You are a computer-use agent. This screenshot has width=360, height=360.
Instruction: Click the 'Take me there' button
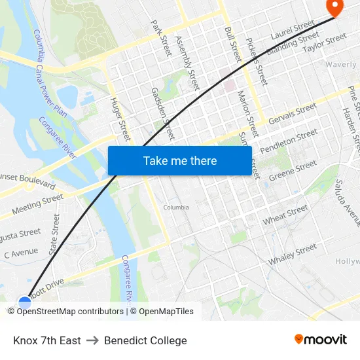[x=180, y=160]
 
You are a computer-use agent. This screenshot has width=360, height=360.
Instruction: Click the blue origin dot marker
[x=25, y=302]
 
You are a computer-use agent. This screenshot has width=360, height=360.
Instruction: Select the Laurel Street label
[x=293, y=29]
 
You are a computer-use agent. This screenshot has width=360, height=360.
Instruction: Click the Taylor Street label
[x=325, y=43]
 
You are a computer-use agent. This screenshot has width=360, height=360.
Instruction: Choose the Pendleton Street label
[x=289, y=142]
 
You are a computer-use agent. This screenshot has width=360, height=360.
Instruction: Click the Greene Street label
[x=293, y=169]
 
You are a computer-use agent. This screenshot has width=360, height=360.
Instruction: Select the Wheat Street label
[x=285, y=215]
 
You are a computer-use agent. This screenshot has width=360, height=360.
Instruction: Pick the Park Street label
[x=161, y=37]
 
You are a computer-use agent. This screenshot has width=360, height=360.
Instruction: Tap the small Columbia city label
[x=176, y=207]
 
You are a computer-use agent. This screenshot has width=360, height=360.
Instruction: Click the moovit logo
[x=321, y=340]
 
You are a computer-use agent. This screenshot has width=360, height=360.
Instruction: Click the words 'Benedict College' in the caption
[x=145, y=340]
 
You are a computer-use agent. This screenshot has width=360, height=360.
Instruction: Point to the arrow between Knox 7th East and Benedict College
[x=92, y=340]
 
